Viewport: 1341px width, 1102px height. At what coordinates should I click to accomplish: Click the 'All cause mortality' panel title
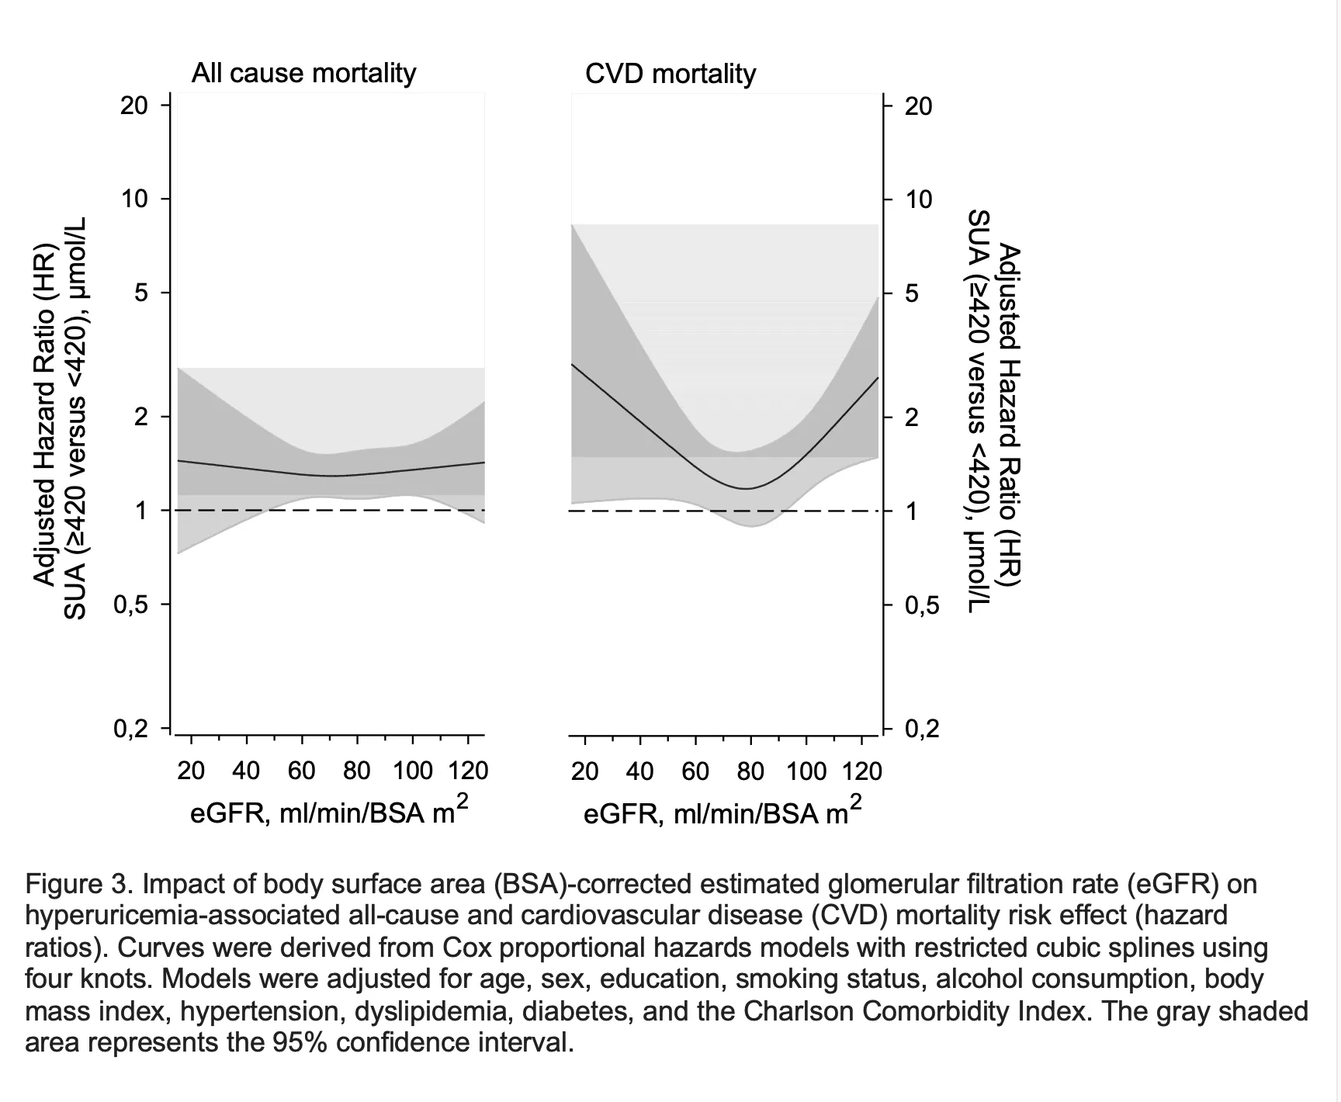(303, 73)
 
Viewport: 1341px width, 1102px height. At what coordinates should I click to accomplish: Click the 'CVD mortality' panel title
(670, 74)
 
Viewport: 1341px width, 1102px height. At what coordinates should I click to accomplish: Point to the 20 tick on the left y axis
(134, 105)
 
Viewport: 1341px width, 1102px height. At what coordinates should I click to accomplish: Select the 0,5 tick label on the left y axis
(130, 605)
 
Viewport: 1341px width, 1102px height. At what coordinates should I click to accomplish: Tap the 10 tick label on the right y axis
(919, 199)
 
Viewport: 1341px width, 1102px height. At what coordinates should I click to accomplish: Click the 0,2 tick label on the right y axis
(922, 729)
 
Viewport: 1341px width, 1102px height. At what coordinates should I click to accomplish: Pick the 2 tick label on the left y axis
(140, 418)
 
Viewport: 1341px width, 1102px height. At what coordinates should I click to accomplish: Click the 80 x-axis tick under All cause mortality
(357, 771)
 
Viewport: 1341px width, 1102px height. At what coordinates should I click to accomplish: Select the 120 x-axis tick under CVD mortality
(863, 771)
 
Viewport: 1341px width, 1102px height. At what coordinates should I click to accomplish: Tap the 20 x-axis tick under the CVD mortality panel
(584, 771)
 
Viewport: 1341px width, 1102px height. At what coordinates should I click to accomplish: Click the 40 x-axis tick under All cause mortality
(246, 771)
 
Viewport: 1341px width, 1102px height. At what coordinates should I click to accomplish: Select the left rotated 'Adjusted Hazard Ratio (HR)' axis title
(45, 416)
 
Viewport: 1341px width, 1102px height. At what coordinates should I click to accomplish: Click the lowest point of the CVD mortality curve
(747, 488)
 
